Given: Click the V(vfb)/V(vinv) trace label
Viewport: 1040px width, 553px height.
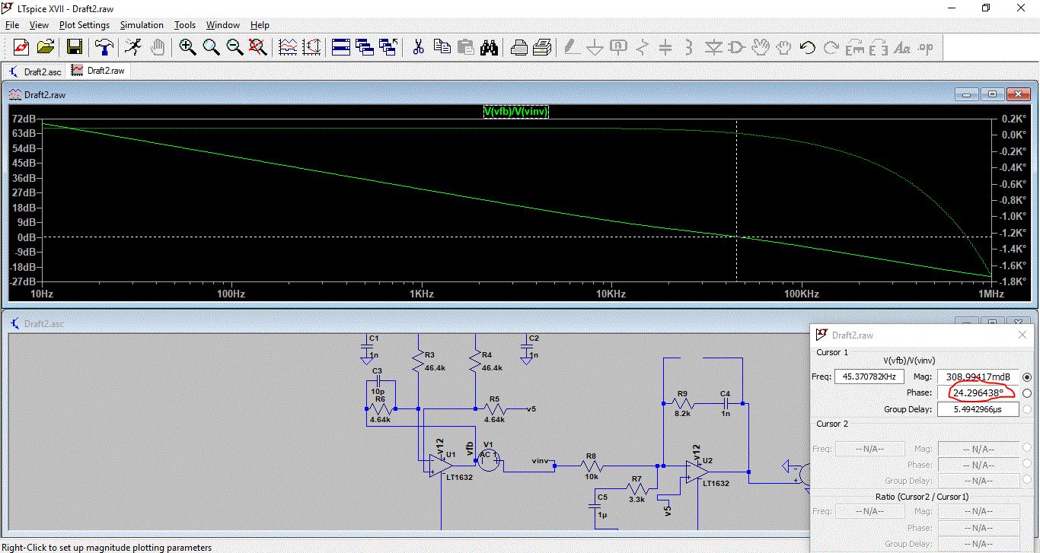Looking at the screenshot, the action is [516, 111].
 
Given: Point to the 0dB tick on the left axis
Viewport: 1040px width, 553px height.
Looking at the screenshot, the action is [27, 237].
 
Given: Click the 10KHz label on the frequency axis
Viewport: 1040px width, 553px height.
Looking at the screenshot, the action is [611, 294].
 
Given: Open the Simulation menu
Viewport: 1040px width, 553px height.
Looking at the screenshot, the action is [142, 25].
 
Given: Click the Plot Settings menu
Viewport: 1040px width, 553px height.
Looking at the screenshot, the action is [84, 25].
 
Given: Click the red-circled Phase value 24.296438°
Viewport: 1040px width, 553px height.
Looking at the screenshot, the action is [978, 393].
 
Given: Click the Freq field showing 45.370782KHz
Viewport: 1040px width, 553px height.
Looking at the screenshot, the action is [869, 377].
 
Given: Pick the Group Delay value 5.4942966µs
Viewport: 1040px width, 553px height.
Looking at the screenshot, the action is [978, 409].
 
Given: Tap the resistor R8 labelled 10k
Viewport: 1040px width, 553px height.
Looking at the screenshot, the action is [591, 466].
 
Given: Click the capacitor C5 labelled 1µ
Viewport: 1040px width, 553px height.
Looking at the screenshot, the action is [595, 506].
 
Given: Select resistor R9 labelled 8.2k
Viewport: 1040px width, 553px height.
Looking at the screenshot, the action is [681, 403].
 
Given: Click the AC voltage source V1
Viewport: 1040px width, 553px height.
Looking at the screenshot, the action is [489, 459].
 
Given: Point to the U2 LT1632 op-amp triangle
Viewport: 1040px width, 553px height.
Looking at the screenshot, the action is [697, 472].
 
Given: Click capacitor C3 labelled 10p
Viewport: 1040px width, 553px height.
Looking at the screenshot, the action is [378, 381].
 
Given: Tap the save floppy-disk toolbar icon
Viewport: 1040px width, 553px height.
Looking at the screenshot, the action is [75, 47].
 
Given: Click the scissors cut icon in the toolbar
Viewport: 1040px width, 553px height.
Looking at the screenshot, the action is [418, 47].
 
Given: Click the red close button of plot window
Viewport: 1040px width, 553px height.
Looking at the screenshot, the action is [1018, 94].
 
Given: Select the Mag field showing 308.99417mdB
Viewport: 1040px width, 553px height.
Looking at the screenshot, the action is [978, 377].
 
